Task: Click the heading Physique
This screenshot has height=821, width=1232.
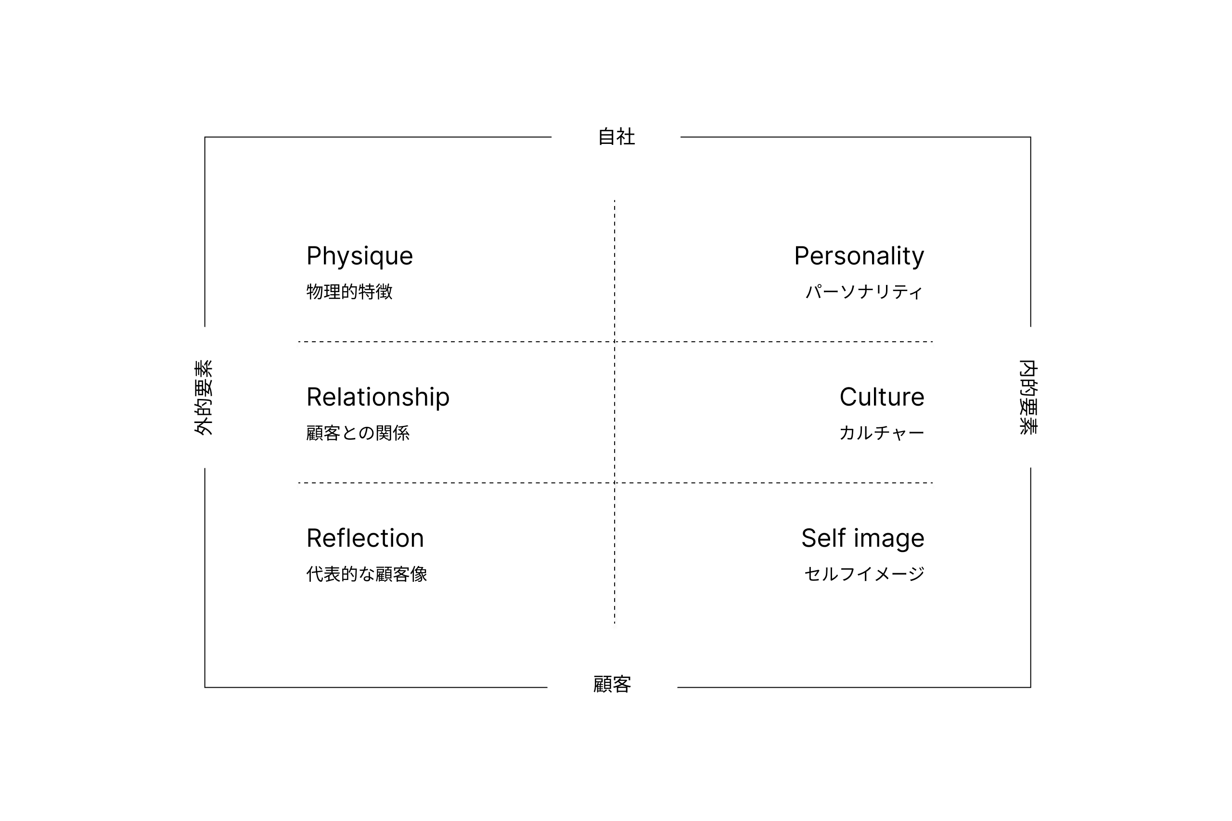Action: (359, 257)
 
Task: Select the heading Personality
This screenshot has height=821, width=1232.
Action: (859, 257)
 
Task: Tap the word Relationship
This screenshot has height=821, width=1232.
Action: (377, 398)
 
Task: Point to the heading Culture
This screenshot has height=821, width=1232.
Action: (882, 397)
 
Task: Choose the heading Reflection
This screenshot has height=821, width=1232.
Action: (365, 538)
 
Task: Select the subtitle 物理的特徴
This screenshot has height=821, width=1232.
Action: (349, 292)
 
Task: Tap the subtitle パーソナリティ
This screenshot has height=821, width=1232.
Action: (864, 292)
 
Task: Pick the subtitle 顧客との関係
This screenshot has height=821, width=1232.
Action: (358, 433)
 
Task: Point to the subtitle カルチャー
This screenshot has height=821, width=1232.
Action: (882, 433)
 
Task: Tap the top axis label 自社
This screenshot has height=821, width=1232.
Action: (616, 137)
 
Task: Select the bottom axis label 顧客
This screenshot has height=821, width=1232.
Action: (612, 684)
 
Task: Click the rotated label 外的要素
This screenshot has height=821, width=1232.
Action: (203, 398)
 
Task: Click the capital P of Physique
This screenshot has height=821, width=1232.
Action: (313, 256)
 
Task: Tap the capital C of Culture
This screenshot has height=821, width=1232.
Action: (848, 397)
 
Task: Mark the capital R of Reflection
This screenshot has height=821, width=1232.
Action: (314, 538)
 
